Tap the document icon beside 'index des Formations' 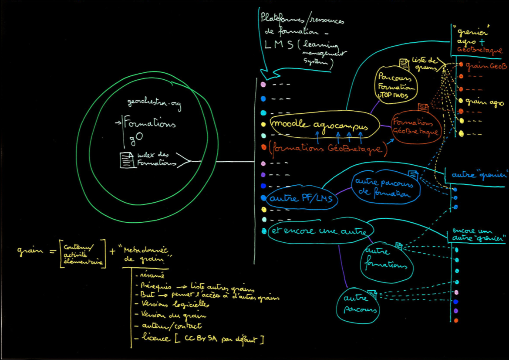tap(126, 160)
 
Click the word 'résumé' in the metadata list tap(150, 275)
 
